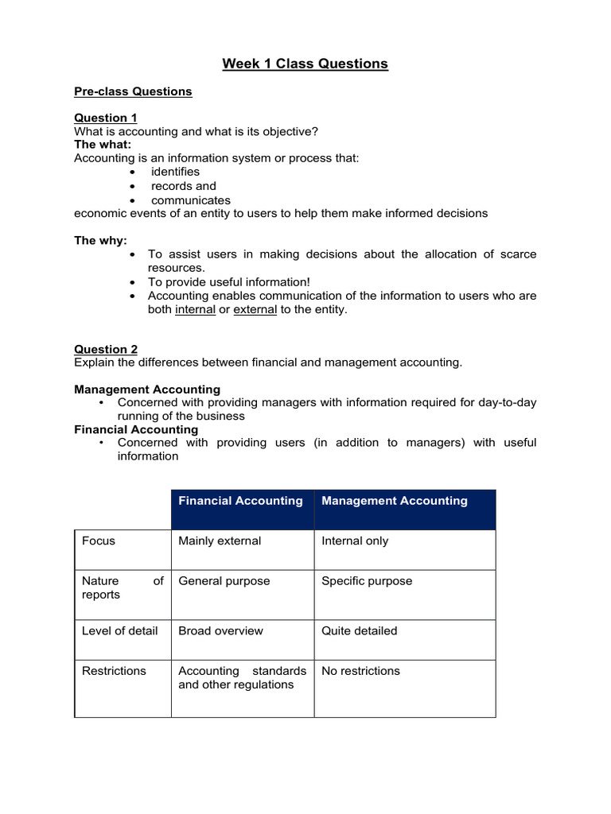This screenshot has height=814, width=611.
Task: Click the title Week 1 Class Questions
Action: pyautogui.click(x=305, y=64)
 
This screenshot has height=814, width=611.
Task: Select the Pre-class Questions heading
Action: pyautogui.click(x=133, y=91)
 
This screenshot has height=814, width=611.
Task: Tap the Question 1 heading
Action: pyautogui.click(x=106, y=118)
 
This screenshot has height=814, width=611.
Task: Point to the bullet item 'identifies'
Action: pyautogui.click(x=175, y=172)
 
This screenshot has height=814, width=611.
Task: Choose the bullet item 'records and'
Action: pyautogui.click(x=183, y=186)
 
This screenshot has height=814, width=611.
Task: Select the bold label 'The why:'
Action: pyautogui.click(x=100, y=240)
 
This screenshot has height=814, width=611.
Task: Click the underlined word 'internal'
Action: pyautogui.click(x=195, y=310)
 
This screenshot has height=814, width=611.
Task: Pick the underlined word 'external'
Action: pyautogui.click(x=255, y=310)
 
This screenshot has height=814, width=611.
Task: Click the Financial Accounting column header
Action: pyautogui.click(x=240, y=501)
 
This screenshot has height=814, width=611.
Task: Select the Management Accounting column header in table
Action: pyautogui.click(x=394, y=501)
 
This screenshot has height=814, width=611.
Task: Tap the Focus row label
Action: pyautogui.click(x=99, y=541)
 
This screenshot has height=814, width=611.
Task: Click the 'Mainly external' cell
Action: pyautogui.click(x=220, y=541)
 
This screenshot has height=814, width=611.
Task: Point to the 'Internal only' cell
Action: pyautogui.click(x=355, y=541)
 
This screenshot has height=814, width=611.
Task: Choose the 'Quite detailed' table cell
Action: pyautogui.click(x=359, y=631)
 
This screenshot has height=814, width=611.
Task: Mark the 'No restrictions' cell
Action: pyautogui.click(x=360, y=671)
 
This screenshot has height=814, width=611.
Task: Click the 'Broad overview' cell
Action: pyautogui.click(x=220, y=631)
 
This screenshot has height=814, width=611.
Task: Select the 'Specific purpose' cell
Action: pyautogui.click(x=367, y=581)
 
